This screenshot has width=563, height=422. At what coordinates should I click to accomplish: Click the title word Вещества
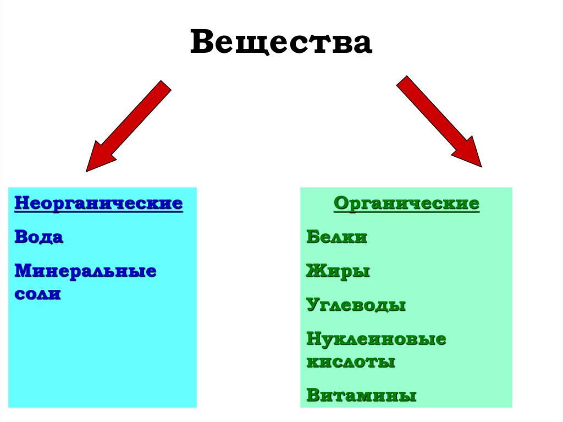pos(281,43)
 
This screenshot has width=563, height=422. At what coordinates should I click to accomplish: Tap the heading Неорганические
pos(98,203)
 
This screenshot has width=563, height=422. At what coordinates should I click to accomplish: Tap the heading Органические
pos(406,204)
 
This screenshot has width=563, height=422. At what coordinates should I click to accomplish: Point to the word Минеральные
pos(85,271)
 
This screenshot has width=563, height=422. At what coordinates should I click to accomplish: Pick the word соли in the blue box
pos(37,294)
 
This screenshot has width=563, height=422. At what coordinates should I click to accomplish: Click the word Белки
pos(336,237)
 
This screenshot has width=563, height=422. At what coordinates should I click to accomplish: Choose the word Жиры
pos(338,271)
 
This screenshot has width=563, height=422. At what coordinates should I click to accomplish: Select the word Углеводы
pos(356,305)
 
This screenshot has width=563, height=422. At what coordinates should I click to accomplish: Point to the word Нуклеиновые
pos(376,339)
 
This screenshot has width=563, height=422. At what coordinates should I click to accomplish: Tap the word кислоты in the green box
pos(351,362)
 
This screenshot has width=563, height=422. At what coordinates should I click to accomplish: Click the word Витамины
pos(361,396)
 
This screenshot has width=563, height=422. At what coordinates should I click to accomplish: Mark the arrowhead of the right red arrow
pos(468,155)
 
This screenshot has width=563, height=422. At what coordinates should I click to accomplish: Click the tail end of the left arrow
pos(164,87)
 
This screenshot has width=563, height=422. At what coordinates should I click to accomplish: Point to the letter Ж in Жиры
pos(314,271)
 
